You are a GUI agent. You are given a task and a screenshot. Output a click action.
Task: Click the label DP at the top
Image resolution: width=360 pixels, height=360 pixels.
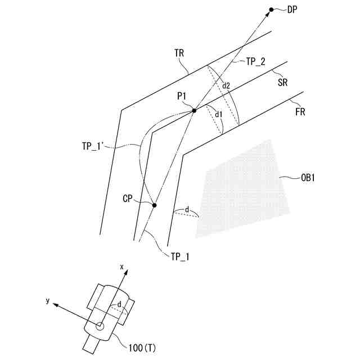point(292,9)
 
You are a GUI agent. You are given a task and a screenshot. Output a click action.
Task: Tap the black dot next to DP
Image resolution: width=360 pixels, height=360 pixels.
point(271,10)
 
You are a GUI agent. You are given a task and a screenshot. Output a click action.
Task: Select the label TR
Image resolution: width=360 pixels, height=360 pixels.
point(180,53)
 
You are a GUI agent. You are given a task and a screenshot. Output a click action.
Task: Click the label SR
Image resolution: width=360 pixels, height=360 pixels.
point(283,82)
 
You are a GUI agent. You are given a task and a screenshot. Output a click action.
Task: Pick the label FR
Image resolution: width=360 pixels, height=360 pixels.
point(300,111)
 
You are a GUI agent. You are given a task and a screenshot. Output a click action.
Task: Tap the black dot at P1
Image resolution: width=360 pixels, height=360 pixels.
point(194,111)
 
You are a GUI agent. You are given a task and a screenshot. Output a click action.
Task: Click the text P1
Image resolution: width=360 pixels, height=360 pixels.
point(182,96)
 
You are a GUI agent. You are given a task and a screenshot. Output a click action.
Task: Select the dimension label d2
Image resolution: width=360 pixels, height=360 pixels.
point(226,86)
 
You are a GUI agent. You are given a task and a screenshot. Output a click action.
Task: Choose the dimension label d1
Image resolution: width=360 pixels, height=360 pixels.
point(219,114)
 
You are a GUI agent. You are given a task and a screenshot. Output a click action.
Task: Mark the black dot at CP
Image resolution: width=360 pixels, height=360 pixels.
point(155,205)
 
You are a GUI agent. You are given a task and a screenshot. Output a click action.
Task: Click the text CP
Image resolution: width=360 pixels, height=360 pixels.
point(129,199)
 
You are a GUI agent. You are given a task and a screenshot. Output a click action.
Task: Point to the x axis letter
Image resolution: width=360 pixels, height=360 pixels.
point(121,265)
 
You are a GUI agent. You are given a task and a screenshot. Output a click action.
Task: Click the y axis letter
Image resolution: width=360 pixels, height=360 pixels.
point(48,301)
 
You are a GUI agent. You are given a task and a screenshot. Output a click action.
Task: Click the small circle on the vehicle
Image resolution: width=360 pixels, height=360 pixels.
point(100,326)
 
